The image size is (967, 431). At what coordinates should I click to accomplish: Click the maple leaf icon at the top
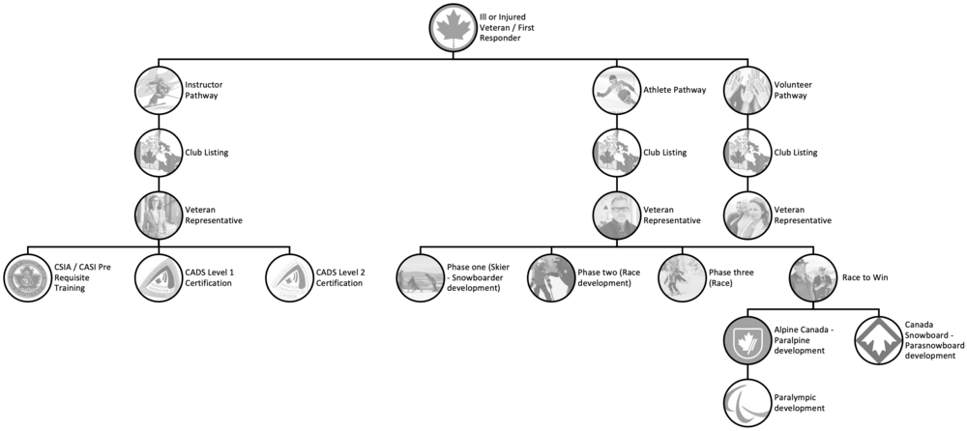[x=454, y=28]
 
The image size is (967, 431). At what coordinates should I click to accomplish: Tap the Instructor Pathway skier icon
[x=159, y=90]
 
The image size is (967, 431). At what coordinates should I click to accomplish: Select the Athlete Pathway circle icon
[x=617, y=90]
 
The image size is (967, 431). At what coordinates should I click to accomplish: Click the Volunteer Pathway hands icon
[x=747, y=90]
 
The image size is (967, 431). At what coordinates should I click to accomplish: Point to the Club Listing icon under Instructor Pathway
[x=159, y=153]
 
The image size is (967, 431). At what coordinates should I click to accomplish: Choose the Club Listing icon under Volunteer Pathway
[x=747, y=153]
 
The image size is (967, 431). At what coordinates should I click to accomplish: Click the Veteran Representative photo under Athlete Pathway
[x=617, y=215]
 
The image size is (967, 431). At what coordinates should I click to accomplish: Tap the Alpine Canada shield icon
[x=747, y=341]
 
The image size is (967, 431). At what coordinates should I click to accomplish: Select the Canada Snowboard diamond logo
[x=878, y=341]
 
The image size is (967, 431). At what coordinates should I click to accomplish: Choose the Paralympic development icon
[x=747, y=403]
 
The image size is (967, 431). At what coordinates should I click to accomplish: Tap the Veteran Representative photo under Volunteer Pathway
[x=747, y=215]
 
